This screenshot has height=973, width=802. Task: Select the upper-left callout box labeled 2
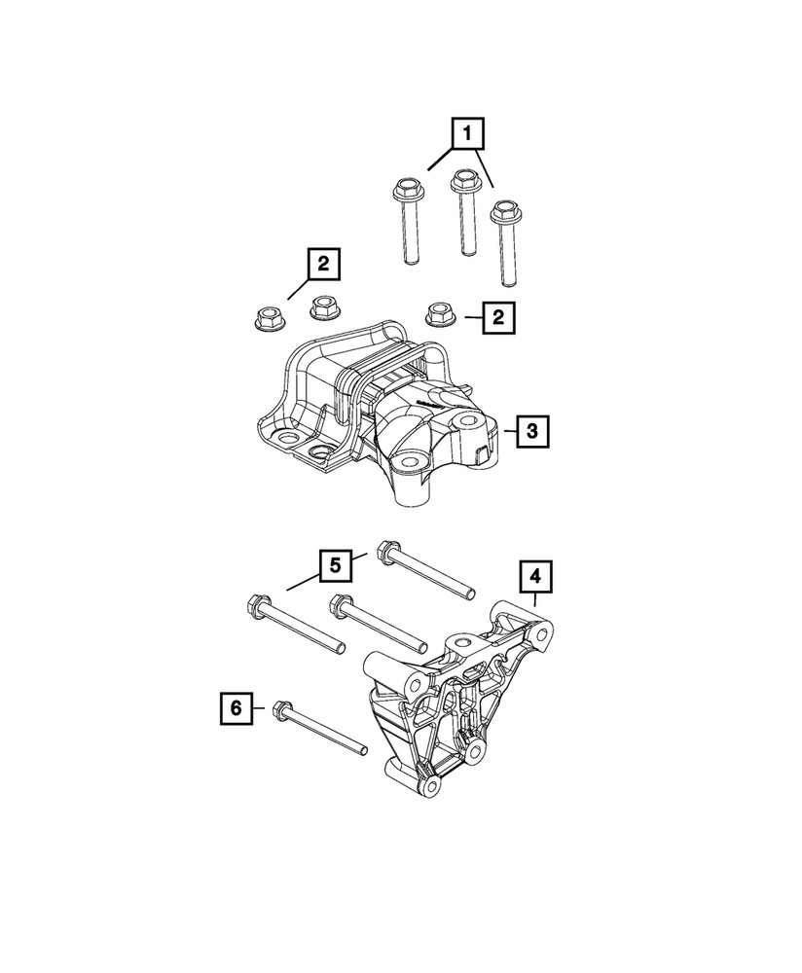[324, 263]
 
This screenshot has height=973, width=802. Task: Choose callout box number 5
[333, 564]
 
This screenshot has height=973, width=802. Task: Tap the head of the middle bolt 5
[340, 605]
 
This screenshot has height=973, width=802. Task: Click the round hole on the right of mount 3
[467, 422]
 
